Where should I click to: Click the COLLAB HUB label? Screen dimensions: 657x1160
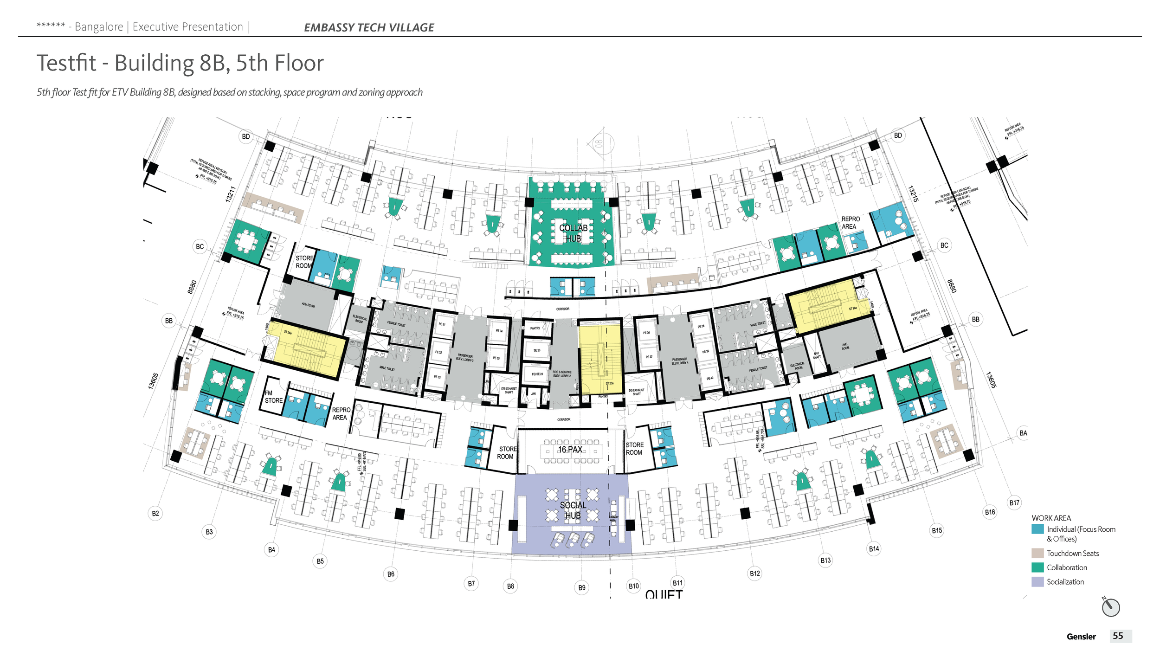[x=573, y=233]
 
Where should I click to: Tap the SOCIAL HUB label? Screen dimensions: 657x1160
[x=573, y=510]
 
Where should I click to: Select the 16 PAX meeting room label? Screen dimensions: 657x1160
[x=570, y=450]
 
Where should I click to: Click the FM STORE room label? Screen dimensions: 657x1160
[x=273, y=397]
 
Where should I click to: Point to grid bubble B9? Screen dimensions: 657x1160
[x=582, y=588]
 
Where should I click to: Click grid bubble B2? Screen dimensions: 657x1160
[x=155, y=513]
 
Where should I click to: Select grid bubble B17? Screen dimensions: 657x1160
[x=1014, y=502]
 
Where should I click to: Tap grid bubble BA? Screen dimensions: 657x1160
[x=1023, y=433]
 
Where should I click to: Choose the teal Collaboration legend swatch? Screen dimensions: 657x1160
[x=1038, y=567]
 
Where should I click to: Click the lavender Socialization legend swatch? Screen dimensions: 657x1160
[x=1038, y=582]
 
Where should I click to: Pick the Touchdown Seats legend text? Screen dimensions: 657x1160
[x=1072, y=554]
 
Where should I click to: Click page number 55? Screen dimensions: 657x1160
[x=1118, y=636]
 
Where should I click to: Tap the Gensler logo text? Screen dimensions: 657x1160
[x=1081, y=637]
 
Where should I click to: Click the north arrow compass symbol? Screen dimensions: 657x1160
[x=1111, y=607]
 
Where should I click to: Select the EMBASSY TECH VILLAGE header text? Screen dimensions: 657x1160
[x=369, y=27]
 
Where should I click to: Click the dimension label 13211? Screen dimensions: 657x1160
[x=231, y=194]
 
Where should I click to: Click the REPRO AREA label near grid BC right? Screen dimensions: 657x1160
[x=850, y=223]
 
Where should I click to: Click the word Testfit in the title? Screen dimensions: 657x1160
[x=66, y=63]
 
